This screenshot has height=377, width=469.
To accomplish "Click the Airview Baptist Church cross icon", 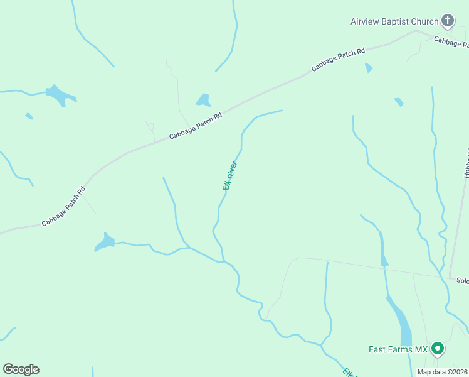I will [448, 21].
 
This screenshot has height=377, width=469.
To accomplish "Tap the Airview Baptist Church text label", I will [394, 21].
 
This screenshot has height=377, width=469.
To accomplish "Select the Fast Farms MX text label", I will [398, 349].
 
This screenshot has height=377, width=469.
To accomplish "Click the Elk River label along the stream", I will [229, 176].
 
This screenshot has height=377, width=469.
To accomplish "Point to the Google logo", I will [21, 369].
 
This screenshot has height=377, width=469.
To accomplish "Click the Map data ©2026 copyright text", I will [442, 372].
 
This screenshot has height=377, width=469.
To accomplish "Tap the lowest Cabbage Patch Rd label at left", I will [63, 207].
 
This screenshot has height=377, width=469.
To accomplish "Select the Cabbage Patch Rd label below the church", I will [338, 60].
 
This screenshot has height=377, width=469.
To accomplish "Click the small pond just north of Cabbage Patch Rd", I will [203, 100].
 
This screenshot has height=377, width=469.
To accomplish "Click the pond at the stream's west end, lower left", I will [103, 242].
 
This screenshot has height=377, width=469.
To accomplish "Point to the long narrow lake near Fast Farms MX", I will [401, 321].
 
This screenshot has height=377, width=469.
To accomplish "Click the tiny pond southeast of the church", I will [369, 67].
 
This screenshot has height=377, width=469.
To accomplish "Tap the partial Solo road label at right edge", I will [462, 280].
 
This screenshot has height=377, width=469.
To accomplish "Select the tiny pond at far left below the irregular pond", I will [29, 116].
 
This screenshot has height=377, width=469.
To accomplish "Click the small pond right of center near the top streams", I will [398, 102].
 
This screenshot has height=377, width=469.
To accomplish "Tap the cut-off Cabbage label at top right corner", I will [451, 41].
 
